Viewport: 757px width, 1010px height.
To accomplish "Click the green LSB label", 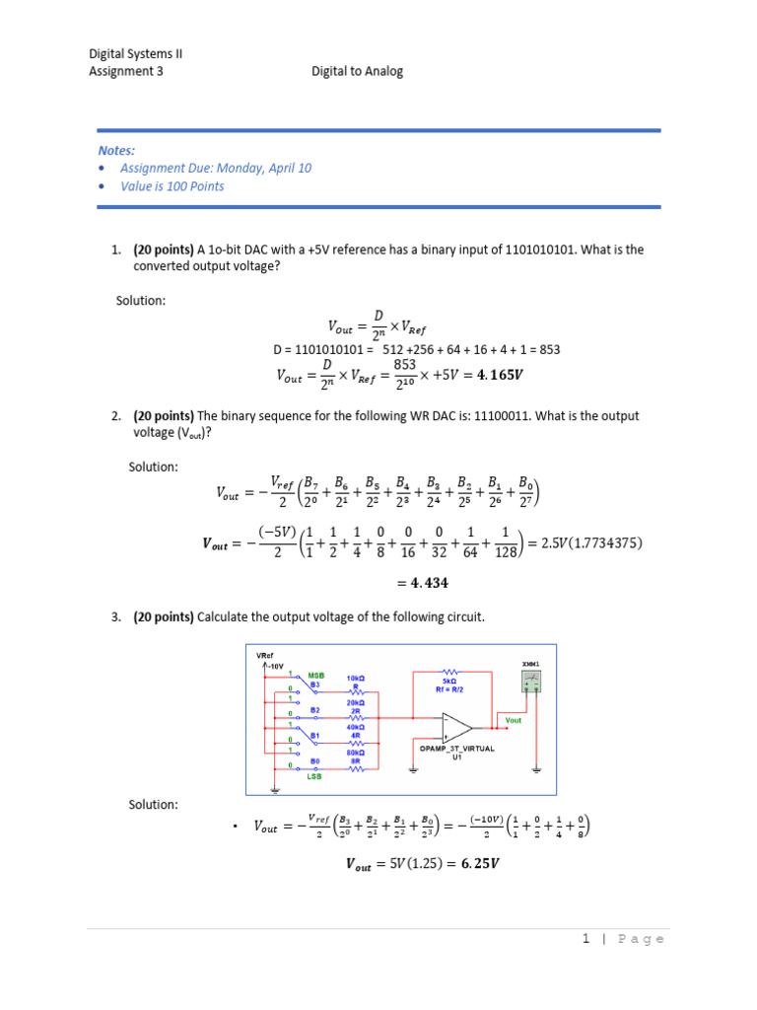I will (x=315, y=776).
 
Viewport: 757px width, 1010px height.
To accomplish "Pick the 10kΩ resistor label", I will (x=356, y=679).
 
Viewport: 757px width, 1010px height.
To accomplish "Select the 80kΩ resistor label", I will (x=356, y=752).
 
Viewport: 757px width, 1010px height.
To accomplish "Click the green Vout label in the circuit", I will (x=512, y=721).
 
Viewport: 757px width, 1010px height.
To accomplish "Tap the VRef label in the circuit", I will (x=263, y=655).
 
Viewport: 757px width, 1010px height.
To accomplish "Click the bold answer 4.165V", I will (x=501, y=375).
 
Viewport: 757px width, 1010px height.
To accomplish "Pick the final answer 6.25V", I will (x=472, y=865).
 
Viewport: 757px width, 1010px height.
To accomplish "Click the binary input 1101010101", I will (x=540, y=250).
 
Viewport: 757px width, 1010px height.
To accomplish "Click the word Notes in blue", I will (x=116, y=150).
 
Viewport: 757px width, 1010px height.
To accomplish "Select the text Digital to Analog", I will (x=357, y=71).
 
